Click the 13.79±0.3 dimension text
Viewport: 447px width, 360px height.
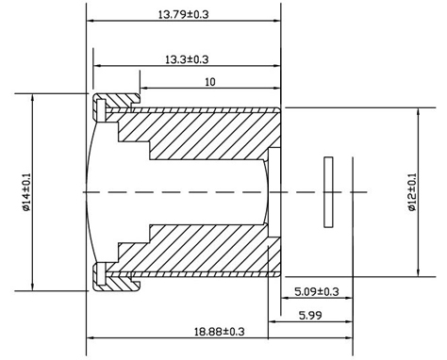(184, 14)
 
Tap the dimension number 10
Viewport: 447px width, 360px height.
(209, 82)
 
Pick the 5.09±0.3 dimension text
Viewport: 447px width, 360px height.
(317, 291)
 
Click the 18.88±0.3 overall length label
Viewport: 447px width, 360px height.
(219, 332)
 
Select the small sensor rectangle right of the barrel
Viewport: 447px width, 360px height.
(328, 192)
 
